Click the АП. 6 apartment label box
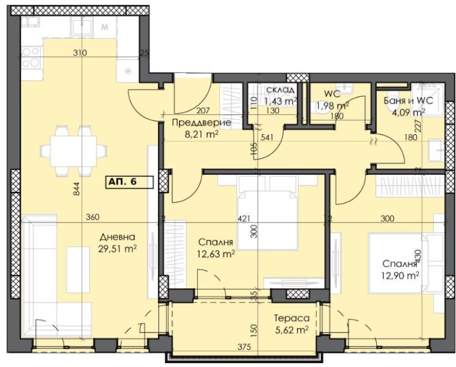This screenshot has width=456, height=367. [x=128, y=182]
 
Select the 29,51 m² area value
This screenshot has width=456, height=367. [x=117, y=248]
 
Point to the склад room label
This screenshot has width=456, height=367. [x=279, y=90]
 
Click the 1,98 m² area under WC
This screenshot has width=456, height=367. [x=332, y=105]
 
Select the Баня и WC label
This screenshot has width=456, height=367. [x=409, y=100]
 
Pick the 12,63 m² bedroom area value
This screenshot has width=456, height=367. [x=217, y=253]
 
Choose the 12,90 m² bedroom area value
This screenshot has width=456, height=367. [x=401, y=275]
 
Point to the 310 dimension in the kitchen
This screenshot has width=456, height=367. [x=79, y=53]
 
